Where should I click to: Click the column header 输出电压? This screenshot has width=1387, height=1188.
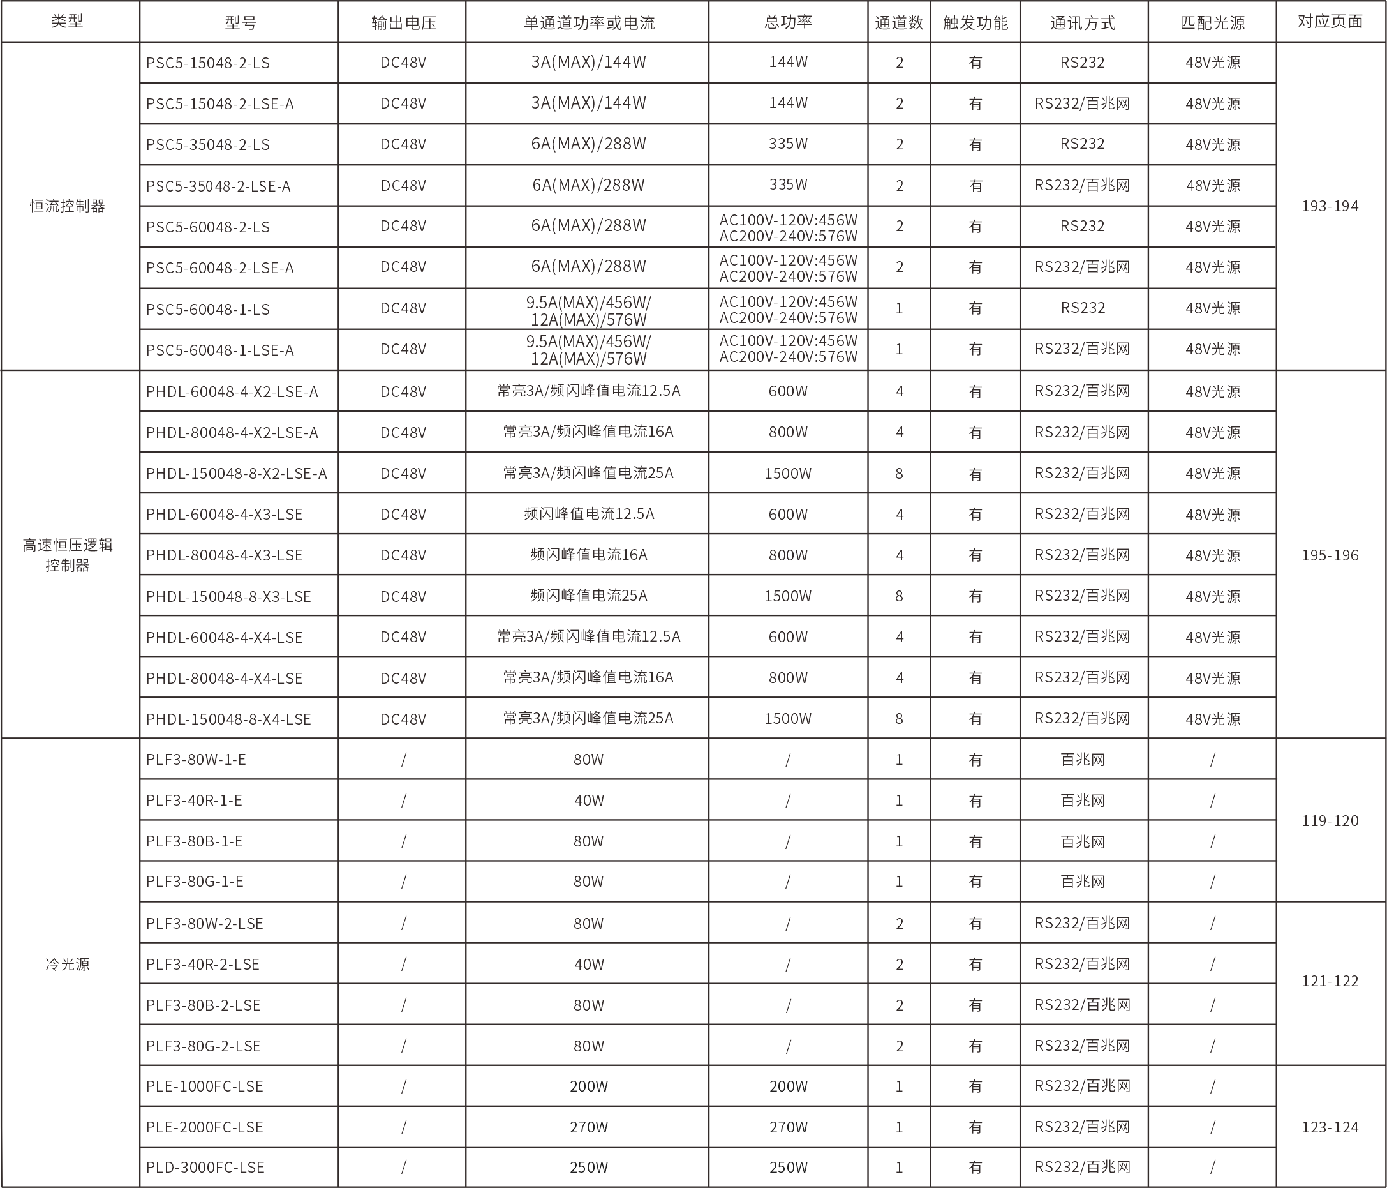pos(403,23)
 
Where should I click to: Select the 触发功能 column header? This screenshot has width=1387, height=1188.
pos(975,23)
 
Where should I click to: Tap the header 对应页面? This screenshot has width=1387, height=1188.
pos(1330,22)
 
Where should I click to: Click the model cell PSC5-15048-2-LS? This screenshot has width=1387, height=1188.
pos(208,63)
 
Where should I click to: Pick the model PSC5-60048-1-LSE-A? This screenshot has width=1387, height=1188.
pos(220,350)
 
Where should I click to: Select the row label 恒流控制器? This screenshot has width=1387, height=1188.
pos(68,206)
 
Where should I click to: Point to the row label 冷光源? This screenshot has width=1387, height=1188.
pos(68,965)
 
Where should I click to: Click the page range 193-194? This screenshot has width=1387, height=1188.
pos(1330,206)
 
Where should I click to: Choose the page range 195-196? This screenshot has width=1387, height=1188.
pos(1330,555)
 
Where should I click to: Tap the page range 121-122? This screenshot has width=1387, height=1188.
pos(1330,981)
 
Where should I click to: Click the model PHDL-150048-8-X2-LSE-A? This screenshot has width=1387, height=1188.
pos(236,474)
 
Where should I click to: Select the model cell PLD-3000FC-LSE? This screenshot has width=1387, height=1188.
pos(205,1167)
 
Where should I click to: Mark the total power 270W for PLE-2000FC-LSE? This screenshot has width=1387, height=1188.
pos(788,1127)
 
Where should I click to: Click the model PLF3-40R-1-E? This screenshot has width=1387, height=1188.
pos(194,801)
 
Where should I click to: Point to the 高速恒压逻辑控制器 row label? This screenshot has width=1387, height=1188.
pos(68,555)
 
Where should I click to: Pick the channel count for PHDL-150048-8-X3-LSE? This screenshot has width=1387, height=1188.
pos(899,596)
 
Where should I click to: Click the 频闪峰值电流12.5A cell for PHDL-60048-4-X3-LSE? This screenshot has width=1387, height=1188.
pos(588,515)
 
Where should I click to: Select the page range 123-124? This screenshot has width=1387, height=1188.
pos(1330,1127)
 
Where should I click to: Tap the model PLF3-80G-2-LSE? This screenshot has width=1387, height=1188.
pos(204,1046)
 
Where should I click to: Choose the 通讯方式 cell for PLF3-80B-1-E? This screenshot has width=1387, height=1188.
pos(1083,842)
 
